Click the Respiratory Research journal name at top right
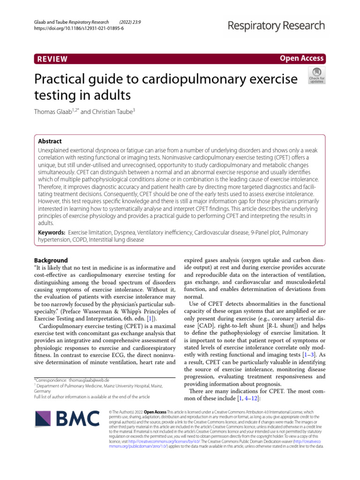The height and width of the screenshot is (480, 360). (276, 25)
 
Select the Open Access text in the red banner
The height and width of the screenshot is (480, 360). (301, 58)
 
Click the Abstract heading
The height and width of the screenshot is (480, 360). (50, 141)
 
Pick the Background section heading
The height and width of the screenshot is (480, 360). (51, 260)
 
